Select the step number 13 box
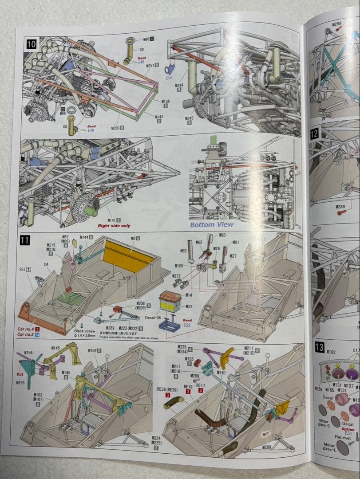tap(319, 347)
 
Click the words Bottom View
tap(212, 224)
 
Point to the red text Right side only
tap(114, 225)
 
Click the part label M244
tap(179, 85)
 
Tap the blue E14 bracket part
tap(169, 70)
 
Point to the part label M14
tap(189, 295)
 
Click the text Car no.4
tap(26, 329)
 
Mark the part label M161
tap(222, 373)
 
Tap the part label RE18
tap(188, 386)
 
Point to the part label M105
tap(179, 266)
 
